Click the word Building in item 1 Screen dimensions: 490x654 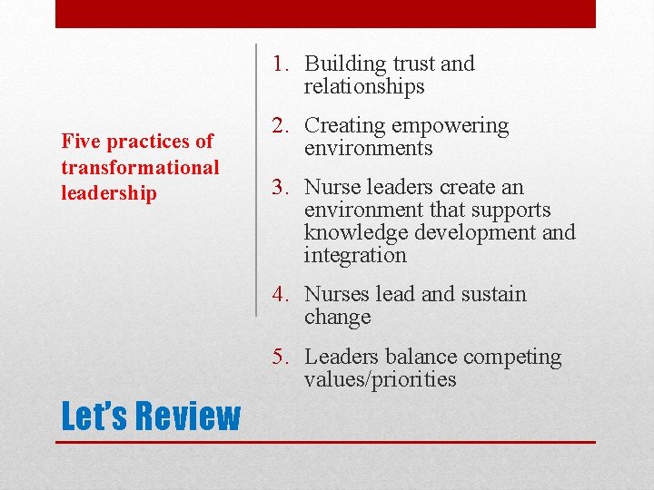click(x=344, y=64)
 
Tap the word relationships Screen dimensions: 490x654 click(x=364, y=87)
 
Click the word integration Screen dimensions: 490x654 click(x=355, y=256)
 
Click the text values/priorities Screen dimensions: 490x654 click(x=380, y=380)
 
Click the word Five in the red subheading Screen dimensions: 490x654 click(x=79, y=142)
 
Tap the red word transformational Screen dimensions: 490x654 click(x=140, y=168)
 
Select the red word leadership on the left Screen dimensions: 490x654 click(x=108, y=193)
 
